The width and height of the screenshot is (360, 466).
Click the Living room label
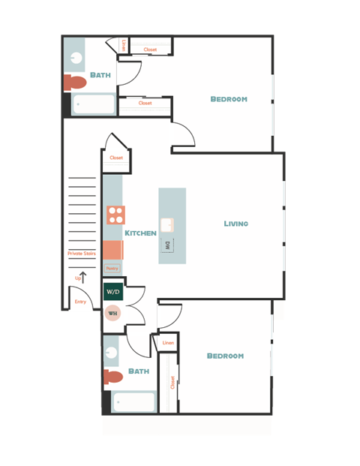(235, 224)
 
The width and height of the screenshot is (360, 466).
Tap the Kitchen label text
(140, 233)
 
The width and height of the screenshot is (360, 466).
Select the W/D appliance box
(112, 291)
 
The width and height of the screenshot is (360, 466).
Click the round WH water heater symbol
(112, 313)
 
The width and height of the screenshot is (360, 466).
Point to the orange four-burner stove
(115, 215)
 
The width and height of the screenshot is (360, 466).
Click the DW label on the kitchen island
(168, 245)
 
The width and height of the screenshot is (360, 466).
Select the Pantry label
(112, 268)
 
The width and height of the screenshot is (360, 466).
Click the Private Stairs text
(81, 254)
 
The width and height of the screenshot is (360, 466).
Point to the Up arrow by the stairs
(82, 278)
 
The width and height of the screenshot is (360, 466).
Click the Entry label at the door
(80, 302)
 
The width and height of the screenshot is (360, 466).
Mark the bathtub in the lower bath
(133, 402)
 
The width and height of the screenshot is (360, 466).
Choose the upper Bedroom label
(228, 99)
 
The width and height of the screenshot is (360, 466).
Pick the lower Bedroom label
(225, 356)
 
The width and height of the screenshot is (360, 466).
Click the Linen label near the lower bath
(167, 343)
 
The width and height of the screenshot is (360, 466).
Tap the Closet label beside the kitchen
(116, 158)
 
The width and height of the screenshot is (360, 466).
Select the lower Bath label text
(139, 371)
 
